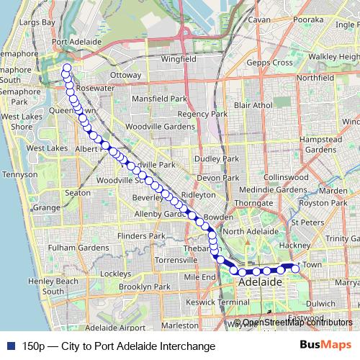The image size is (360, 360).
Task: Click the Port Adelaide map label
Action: point(76,42)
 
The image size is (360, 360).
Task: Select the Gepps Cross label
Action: point(271,63)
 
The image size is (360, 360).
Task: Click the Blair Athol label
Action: point(253,105)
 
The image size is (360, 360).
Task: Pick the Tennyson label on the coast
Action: point(20,175)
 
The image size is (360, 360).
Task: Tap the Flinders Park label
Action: point(123,235)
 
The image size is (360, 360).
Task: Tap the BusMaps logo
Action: point(321,346)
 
